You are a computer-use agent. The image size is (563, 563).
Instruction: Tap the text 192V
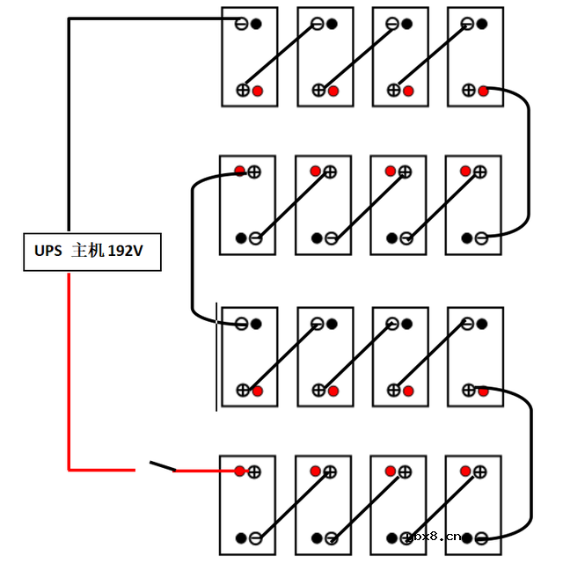tap(125, 252)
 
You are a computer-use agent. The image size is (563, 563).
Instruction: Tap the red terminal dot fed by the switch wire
tap(239, 472)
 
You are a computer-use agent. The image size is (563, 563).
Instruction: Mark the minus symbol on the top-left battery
tap(241, 24)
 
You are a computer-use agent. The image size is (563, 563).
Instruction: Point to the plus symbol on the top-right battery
tap(468, 90)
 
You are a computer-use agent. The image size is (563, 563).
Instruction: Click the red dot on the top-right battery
tap(482, 90)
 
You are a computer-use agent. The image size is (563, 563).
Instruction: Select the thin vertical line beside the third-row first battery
tap(217, 356)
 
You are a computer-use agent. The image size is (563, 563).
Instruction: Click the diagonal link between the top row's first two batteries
tap(281, 56)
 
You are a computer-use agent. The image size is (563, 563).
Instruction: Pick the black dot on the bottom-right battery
tap(467, 537)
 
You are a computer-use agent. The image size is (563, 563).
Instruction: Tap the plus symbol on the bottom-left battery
tap(254, 472)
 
